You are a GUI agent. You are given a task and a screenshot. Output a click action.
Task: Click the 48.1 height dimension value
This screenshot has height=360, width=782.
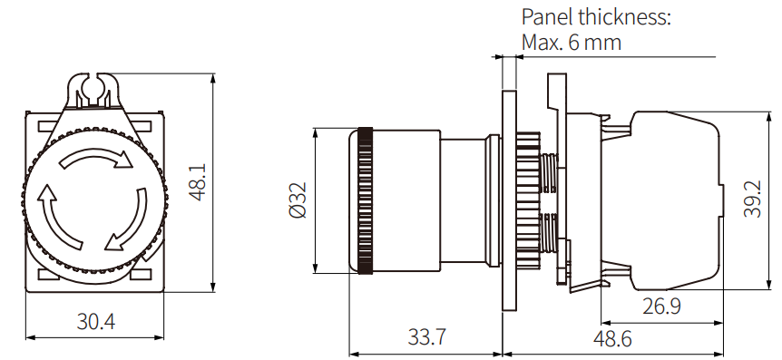tap(198, 181)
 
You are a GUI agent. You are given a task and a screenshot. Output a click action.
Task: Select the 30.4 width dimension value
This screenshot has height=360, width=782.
tap(95, 322)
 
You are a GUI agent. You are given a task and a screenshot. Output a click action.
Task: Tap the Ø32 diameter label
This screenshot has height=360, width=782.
tap(297, 199)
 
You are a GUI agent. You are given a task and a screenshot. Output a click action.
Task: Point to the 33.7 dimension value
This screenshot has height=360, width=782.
tap(425, 337)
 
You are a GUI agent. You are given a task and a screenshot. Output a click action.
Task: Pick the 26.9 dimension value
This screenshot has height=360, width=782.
tap(661, 306)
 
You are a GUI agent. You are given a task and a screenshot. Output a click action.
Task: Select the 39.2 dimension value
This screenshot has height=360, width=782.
tap(752, 199)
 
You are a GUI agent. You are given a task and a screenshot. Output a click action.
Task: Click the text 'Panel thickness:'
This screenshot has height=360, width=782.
tap(596, 17)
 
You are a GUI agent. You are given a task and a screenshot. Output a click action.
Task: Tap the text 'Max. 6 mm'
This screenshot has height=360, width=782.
tap(572, 42)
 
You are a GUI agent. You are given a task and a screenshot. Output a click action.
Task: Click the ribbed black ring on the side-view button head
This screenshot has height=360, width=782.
tap(365, 199)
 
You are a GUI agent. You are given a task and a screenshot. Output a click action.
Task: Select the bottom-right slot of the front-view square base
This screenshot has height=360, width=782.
tap(144, 273)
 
